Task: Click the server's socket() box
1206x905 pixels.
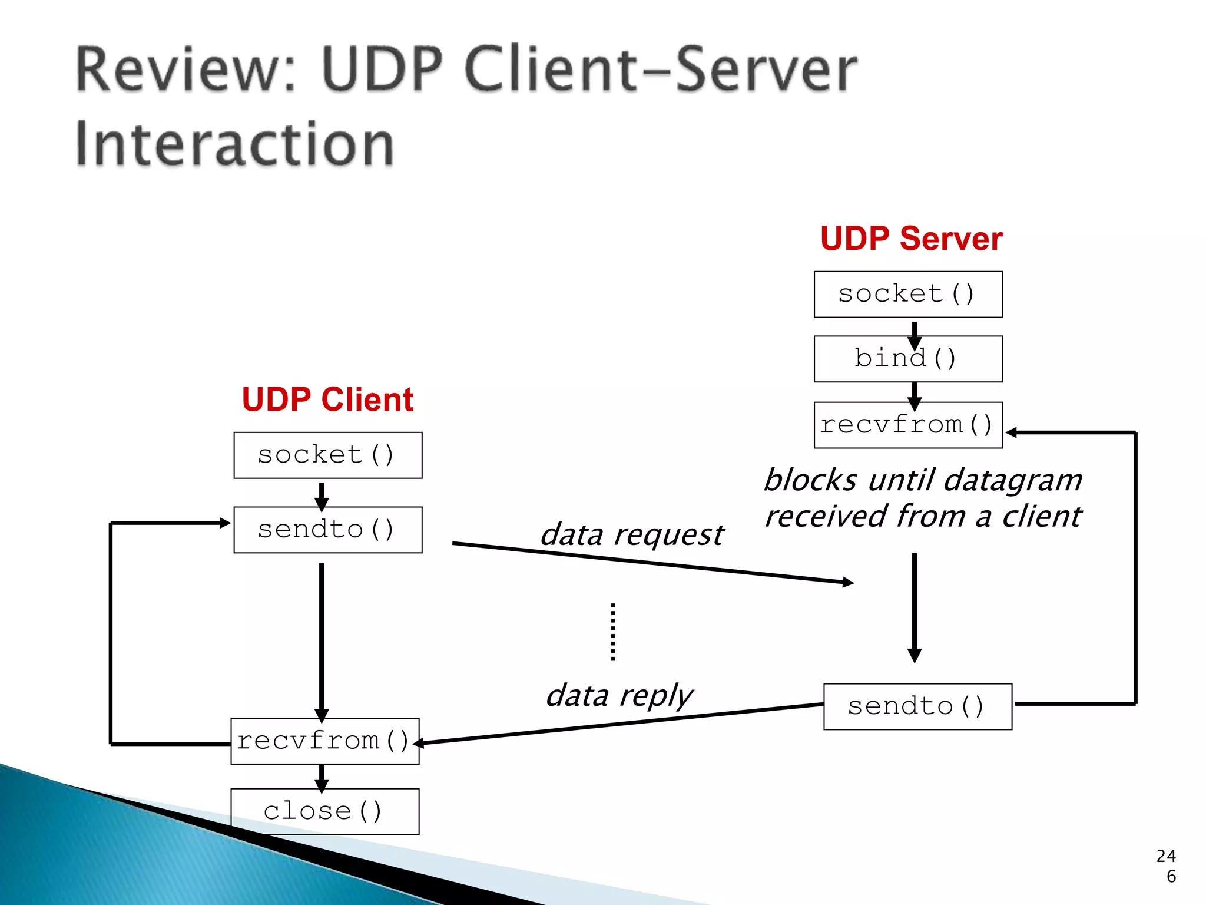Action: tap(908, 294)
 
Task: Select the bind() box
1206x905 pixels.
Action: tap(908, 359)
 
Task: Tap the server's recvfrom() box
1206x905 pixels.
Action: tap(908, 425)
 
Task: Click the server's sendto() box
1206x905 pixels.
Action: tap(917, 706)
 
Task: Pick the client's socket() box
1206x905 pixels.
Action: tap(327, 455)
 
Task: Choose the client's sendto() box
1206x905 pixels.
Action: tap(327, 530)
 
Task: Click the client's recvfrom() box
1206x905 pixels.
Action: tap(324, 741)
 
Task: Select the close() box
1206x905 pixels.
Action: tap(324, 811)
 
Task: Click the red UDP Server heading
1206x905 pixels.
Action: tap(911, 239)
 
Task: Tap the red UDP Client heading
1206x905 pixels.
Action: tap(327, 399)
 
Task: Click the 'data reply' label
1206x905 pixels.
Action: tap(619, 695)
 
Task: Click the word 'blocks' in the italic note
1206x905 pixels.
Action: tap(810, 480)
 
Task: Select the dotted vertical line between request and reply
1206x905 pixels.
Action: tap(613, 632)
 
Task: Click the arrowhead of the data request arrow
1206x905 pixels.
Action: tap(848, 582)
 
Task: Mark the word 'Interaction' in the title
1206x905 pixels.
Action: tap(234, 144)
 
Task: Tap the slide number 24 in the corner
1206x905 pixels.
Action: tap(1166, 856)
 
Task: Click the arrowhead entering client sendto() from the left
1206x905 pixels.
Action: tap(225, 523)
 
